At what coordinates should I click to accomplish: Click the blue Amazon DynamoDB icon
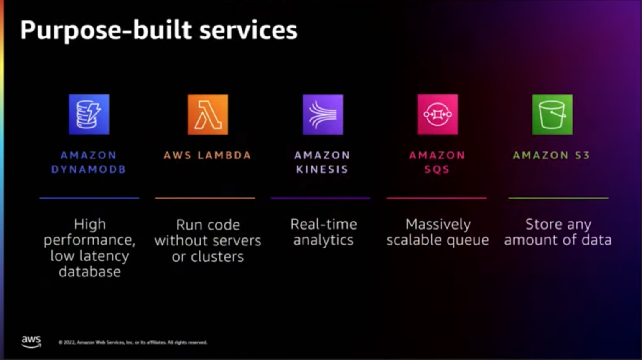point(89,115)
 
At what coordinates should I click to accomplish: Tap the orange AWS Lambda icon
point(208,115)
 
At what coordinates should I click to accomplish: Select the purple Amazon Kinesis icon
point(323,115)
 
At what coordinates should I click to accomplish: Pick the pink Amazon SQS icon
point(437,115)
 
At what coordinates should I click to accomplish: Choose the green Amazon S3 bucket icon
point(552,115)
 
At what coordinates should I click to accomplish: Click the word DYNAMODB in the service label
point(89,169)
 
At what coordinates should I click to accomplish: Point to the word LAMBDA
point(224,156)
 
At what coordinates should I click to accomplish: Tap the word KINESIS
point(322,169)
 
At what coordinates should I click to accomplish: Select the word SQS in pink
point(437,169)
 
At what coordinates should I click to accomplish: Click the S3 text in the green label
point(582,156)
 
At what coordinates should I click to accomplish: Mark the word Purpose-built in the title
point(106,31)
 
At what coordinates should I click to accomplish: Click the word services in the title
point(248,31)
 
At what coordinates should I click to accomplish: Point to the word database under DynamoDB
point(89,272)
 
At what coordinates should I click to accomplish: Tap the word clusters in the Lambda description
point(217,256)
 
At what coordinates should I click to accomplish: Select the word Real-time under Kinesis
point(324,224)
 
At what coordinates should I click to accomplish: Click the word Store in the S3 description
point(543,224)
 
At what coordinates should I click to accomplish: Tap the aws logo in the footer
point(31,341)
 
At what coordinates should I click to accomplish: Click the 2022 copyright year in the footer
point(69,342)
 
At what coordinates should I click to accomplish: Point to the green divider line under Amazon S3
point(558,198)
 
